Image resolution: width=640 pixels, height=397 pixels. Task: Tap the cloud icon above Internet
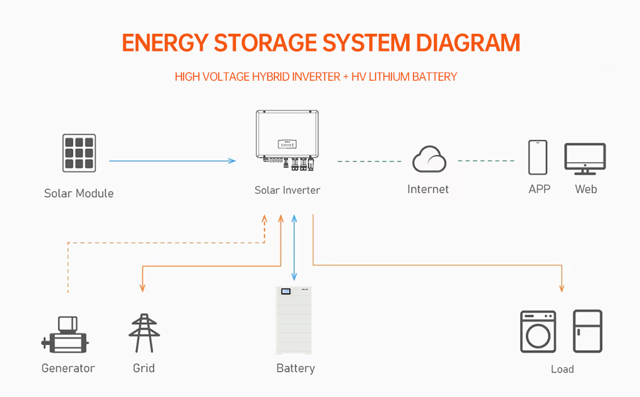click(x=429, y=160)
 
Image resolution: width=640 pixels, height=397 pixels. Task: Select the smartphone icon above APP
click(x=537, y=157)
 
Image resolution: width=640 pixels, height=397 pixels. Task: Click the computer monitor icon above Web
click(x=584, y=158)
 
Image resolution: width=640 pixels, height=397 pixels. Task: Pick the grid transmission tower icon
click(x=144, y=333)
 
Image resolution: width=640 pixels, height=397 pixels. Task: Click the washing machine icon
click(x=538, y=331)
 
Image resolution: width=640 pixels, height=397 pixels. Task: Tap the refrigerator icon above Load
click(x=587, y=331)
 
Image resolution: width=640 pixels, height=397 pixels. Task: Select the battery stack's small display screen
click(x=286, y=292)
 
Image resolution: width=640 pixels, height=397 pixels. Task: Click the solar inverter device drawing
click(x=284, y=136)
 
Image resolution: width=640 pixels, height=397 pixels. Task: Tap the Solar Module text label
click(x=79, y=193)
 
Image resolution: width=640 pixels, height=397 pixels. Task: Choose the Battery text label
click(x=295, y=368)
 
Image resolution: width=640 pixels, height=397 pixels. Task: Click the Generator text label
click(x=68, y=368)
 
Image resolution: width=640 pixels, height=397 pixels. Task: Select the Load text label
click(x=562, y=369)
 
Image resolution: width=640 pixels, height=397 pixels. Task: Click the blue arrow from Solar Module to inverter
click(x=172, y=161)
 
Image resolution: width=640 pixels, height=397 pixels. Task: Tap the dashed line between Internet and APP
click(x=486, y=161)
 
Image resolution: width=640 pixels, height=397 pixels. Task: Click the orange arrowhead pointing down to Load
click(x=562, y=287)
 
